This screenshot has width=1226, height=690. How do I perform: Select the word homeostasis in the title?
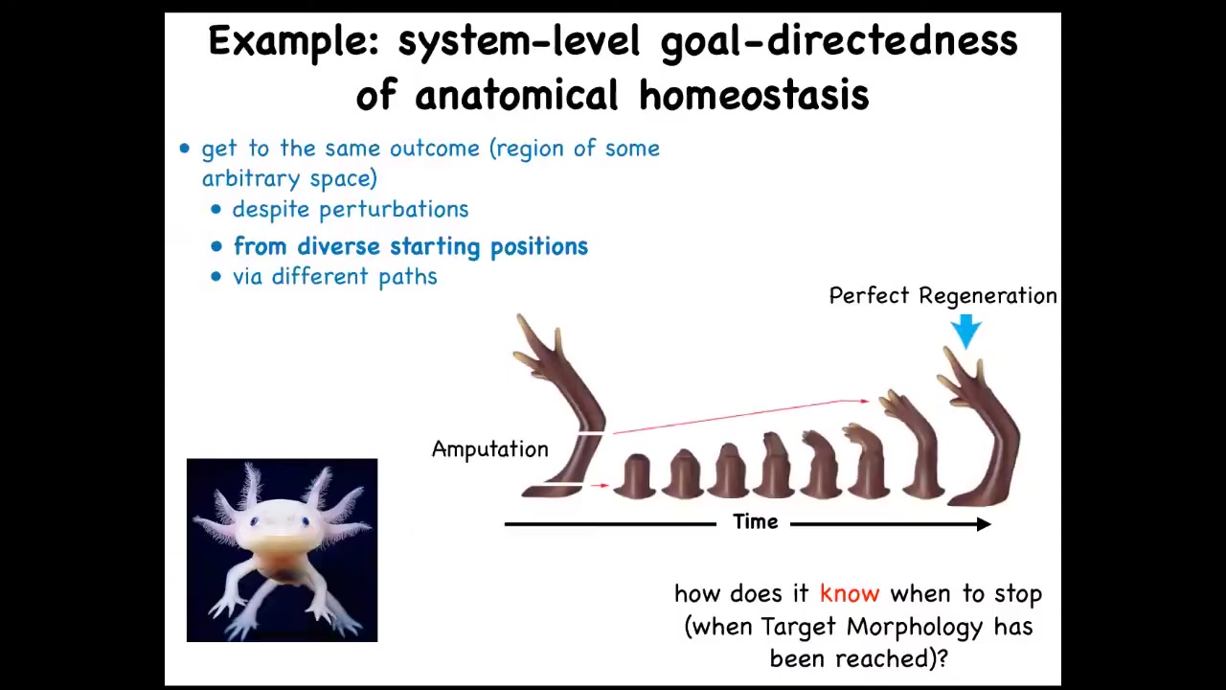[754, 95]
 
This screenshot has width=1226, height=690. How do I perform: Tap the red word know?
[850, 593]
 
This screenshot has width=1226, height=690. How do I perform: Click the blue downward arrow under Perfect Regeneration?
[966, 332]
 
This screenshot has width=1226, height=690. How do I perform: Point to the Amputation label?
[489, 449]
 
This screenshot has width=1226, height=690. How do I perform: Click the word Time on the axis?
[756, 522]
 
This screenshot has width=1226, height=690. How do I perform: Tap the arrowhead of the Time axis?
[984, 524]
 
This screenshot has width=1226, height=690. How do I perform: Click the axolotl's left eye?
[254, 522]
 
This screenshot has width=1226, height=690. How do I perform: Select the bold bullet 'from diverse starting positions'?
[411, 247]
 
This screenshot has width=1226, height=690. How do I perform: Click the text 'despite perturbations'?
[351, 209]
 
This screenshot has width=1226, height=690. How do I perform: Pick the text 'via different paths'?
[335, 277]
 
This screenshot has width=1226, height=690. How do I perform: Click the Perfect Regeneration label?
[943, 296]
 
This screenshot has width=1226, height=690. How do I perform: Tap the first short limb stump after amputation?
[635, 476]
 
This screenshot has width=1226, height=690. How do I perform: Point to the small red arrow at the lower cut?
[601, 485]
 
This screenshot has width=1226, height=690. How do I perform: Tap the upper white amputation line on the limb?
[591, 434]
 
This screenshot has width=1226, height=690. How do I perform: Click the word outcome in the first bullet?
[435, 149]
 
